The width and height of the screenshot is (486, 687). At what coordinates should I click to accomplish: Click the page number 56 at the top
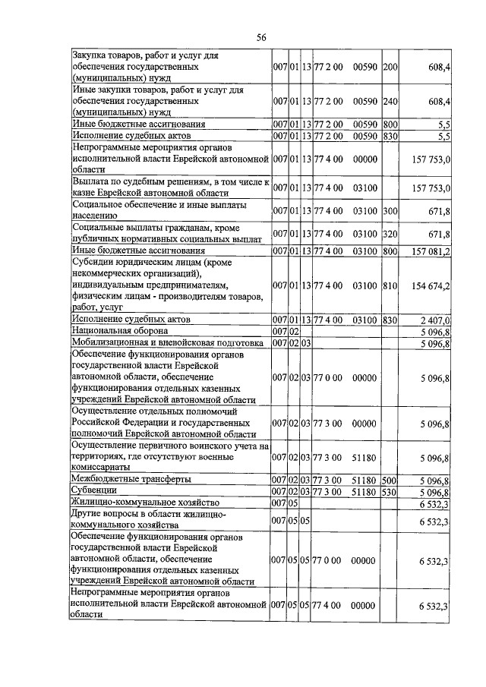click(261, 37)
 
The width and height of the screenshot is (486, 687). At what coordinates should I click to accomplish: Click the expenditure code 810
click(391, 285)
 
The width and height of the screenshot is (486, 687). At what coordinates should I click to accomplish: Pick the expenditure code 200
click(391, 68)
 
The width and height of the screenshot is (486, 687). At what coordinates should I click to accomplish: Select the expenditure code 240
click(391, 101)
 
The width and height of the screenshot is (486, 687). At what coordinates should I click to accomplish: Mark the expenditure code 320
click(391, 234)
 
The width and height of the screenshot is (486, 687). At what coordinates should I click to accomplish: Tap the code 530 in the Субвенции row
click(391, 491)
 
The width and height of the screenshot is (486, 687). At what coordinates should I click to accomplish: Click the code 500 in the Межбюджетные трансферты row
click(391, 480)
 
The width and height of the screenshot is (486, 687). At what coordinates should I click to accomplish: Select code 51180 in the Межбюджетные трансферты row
click(365, 480)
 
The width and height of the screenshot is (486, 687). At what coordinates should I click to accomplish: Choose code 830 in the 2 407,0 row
click(391, 321)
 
